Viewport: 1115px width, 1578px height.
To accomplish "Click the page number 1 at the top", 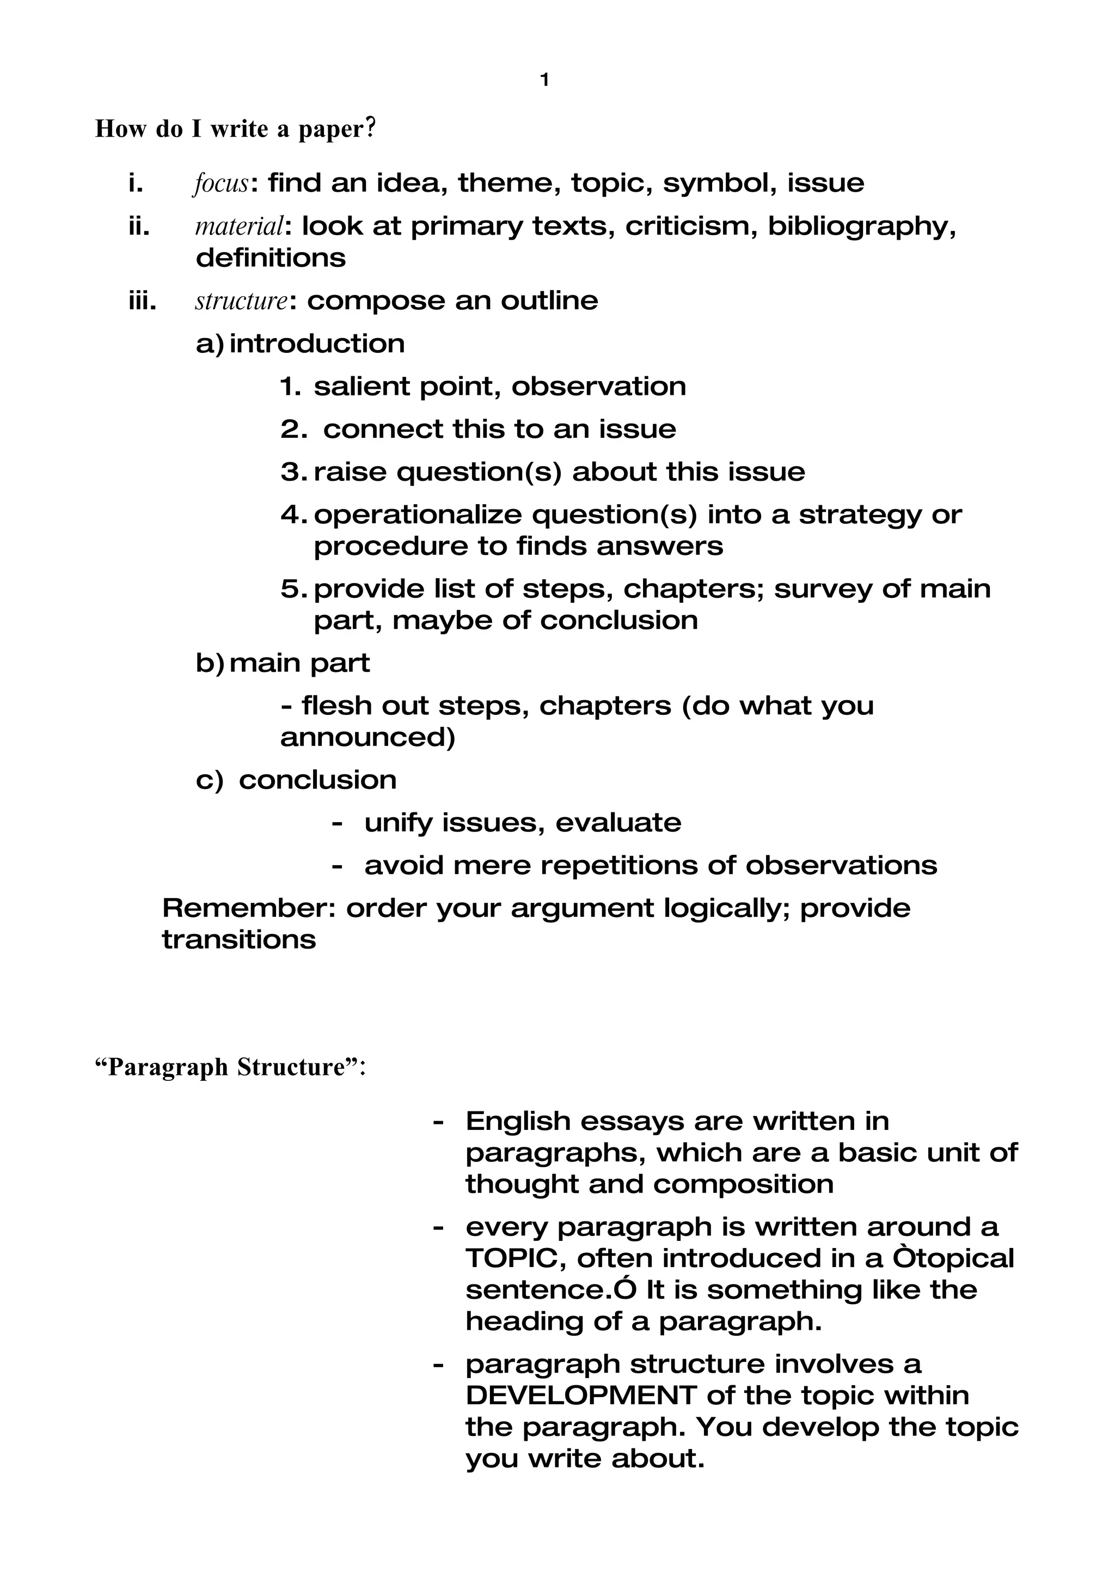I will click(545, 81).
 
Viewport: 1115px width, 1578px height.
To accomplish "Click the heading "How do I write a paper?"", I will click(236, 129).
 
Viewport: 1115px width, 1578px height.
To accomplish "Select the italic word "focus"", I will click(220, 184).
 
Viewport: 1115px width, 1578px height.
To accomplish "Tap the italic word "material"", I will click(239, 226).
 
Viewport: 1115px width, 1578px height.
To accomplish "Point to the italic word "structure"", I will click(241, 301).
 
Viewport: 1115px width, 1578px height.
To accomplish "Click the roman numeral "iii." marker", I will click(142, 301).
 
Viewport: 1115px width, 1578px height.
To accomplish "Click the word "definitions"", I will click(271, 258).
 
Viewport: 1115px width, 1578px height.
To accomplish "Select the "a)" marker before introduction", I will click(210, 344).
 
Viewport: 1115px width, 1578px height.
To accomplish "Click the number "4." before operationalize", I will click(295, 514).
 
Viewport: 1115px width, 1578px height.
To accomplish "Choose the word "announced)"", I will click(367, 737).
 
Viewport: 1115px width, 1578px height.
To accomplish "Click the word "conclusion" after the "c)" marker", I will click(317, 779).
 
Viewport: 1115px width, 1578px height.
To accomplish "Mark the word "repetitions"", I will click(618, 865).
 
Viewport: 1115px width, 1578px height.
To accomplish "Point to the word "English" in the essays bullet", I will click(517, 1121).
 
